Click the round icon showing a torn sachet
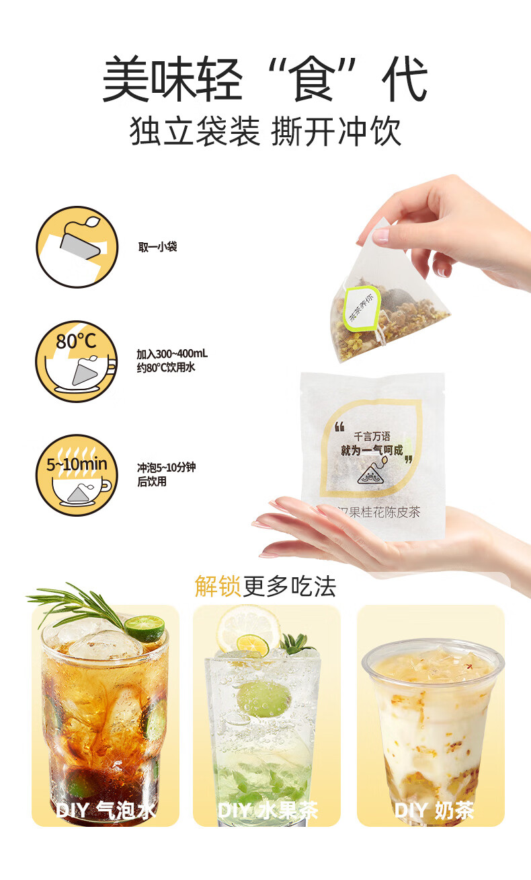(x=77, y=248)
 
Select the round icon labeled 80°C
(x=77, y=361)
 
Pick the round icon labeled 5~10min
(x=77, y=475)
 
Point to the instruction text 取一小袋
(x=158, y=248)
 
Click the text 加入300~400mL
(x=172, y=355)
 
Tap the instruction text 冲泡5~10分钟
(x=166, y=468)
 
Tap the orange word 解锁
(x=217, y=586)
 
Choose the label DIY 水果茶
(x=267, y=810)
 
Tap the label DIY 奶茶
(x=434, y=810)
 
